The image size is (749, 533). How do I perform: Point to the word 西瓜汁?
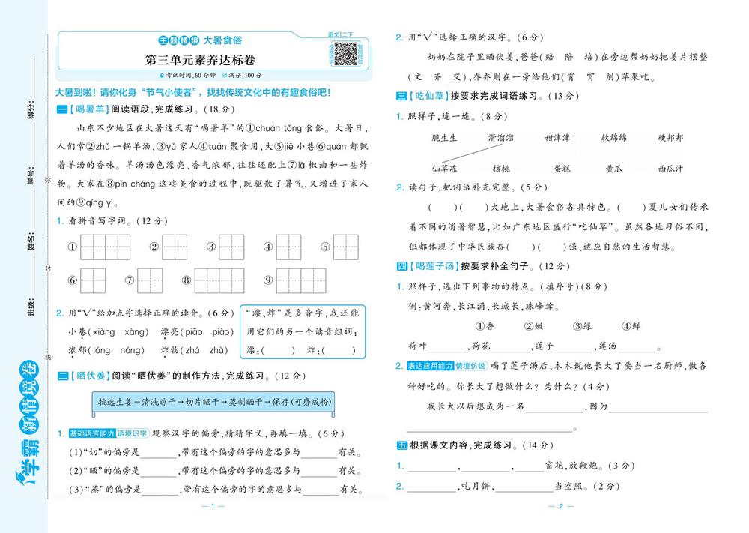point(670,169)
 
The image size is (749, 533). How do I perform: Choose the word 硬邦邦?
point(670,138)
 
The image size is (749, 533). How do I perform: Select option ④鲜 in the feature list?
point(631,326)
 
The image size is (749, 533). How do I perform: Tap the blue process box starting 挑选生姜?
point(213,403)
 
